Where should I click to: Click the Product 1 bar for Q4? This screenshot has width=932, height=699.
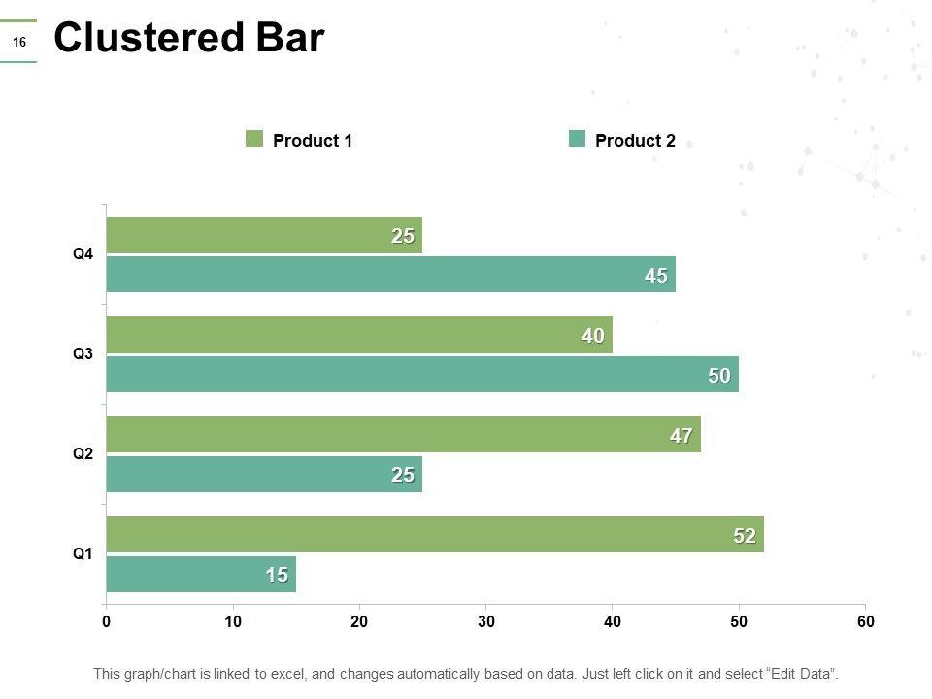[x=262, y=235]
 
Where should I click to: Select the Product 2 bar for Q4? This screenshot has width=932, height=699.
[x=388, y=275]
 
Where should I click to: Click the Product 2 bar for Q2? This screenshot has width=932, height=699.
[x=262, y=475]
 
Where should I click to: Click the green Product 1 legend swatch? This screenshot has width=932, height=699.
[x=254, y=139]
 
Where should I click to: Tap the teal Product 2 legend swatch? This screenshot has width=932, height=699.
[x=577, y=139]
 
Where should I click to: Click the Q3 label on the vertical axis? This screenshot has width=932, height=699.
[x=83, y=354]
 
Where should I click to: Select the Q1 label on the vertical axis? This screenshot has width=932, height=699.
[x=83, y=554]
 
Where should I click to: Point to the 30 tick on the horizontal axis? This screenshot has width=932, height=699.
[x=486, y=622]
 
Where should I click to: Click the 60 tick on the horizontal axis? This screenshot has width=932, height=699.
[x=866, y=622]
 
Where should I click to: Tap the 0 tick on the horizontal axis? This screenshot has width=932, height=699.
[x=106, y=622]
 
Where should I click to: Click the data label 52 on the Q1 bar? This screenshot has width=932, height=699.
[x=744, y=536]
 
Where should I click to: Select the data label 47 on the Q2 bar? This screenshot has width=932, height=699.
[x=681, y=436]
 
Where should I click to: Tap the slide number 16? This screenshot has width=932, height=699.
[x=18, y=42]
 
